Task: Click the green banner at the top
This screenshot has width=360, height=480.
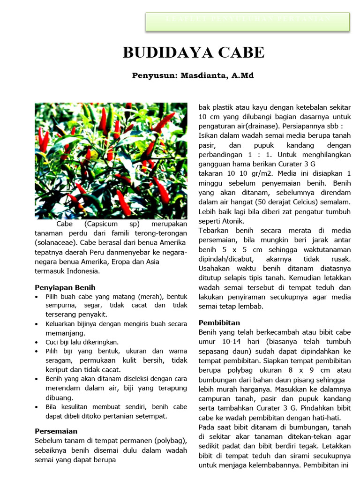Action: coord(247,22)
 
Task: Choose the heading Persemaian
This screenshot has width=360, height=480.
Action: coord(56,431)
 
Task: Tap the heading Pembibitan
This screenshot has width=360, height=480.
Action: coord(219,322)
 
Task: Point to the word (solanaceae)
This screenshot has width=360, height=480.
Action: coord(55,243)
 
